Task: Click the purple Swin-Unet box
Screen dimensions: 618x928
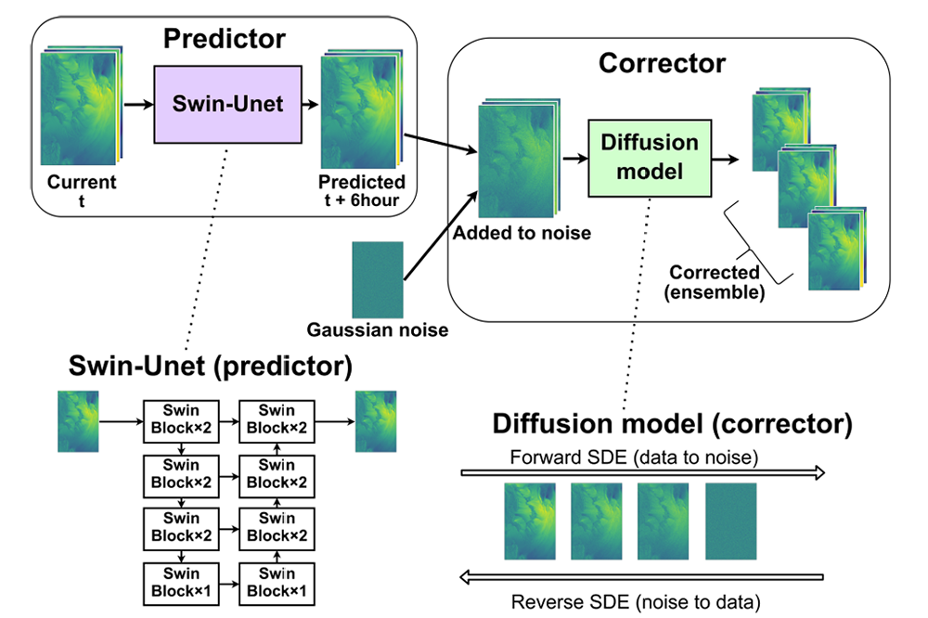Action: pyautogui.click(x=227, y=103)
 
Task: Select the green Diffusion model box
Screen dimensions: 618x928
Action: pyautogui.click(x=650, y=157)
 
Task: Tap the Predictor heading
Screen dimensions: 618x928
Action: pyautogui.click(x=225, y=39)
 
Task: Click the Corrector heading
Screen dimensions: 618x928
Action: pyautogui.click(x=662, y=63)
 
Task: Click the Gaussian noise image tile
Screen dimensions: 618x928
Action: pyautogui.click(x=378, y=279)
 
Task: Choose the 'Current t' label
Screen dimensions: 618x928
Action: pyautogui.click(x=83, y=191)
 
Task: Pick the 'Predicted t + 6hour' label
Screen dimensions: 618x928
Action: pyautogui.click(x=362, y=191)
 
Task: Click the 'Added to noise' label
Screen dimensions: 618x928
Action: pyautogui.click(x=522, y=233)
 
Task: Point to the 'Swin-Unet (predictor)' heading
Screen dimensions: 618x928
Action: pyautogui.click(x=211, y=367)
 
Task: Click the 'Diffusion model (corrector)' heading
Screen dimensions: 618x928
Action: pyautogui.click(x=672, y=424)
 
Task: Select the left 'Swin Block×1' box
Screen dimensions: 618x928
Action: pyautogui.click(x=182, y=584)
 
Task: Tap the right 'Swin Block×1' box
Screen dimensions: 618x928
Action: pyautogui.click(x=277, y=584)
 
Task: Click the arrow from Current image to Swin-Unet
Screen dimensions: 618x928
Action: pyautogui.click(x=137, y=103)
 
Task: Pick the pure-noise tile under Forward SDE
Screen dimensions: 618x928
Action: pyautogui.click(x=731, y=521)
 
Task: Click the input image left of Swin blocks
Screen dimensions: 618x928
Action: pyautogui.click(x=78, y=421)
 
